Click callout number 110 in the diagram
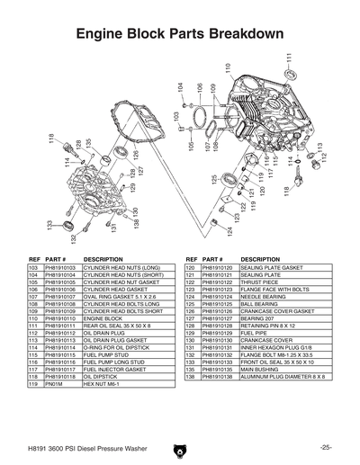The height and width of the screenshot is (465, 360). pos(229,68)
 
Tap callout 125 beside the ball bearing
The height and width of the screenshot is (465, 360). pos(214,180)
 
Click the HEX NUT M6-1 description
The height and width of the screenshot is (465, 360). pos(100,384)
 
